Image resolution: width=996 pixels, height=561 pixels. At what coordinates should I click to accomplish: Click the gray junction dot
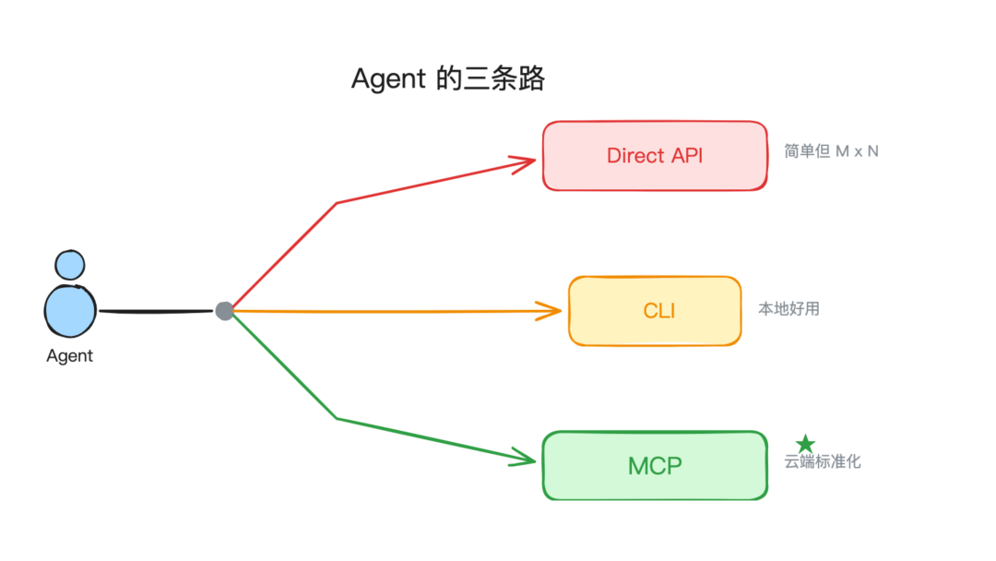coord(224,311)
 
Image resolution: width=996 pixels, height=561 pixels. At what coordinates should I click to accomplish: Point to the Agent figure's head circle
coord(69,265)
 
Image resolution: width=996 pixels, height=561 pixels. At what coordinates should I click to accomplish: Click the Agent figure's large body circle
coord(70,310)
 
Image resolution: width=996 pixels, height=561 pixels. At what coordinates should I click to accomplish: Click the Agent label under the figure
coord(70,356)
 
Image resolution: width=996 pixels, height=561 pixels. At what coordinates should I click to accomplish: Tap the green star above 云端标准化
coord(806,445)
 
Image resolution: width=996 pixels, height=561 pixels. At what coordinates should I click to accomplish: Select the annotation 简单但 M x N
coord(831,151)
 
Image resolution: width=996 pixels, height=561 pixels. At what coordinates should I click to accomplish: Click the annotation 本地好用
coord(788,309)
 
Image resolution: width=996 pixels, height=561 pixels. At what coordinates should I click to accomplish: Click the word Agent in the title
coord(388,79)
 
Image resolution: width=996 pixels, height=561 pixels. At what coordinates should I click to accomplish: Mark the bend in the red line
coord(338,203)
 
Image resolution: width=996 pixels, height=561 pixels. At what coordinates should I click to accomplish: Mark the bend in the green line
coord(338,419)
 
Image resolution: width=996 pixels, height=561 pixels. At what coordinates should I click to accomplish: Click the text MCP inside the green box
coord(655,466)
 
